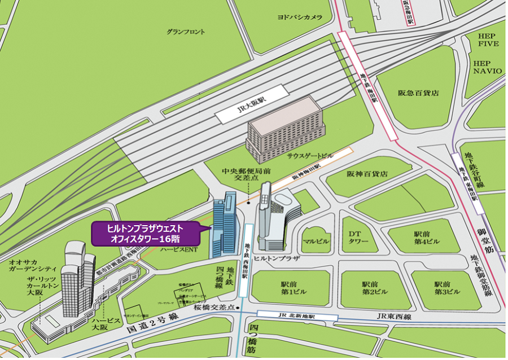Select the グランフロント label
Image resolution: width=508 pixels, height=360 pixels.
tap(186, 32)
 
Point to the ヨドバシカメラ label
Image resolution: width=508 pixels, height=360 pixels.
tap(299, 17)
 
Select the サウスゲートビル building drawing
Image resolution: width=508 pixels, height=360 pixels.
tap(284, 129)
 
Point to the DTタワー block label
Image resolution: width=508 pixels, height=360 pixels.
tap(358, 238)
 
